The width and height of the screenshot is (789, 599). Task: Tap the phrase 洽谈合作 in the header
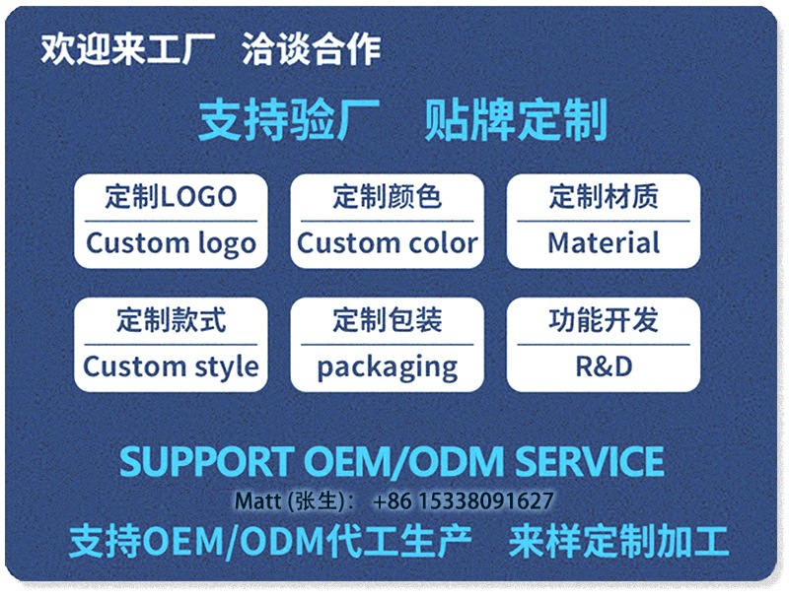click(x=311, y=50)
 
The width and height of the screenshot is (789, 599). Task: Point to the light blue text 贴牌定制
click(x=516, y=121)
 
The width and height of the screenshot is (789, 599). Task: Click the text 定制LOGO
click(x=171, y=197)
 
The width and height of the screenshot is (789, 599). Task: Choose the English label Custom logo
click(x=171, y=243)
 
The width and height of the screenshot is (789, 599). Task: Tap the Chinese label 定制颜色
click(x=387, y=197)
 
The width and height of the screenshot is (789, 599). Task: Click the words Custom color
click(x=387, y=243)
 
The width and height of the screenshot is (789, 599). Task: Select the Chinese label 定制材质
click(x=604, y=197)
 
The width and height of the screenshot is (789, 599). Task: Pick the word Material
click(x=604, y=243)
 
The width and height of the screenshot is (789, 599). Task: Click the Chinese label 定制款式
click(x=171, y=320)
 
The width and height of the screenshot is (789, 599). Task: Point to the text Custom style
click(x=171, y=367)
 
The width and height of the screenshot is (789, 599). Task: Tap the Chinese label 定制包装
click(x=387, y=320)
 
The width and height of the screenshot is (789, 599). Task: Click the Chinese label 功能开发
click(x=604, y=320)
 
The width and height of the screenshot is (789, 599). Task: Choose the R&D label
click(x=604, y=367)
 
